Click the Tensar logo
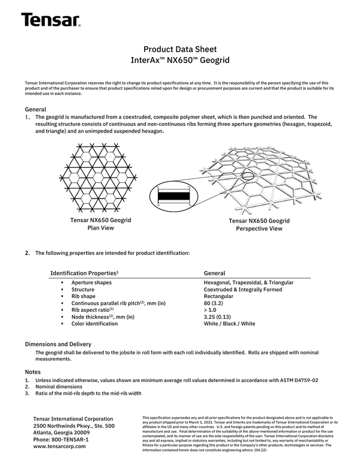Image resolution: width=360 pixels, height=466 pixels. coord(50,20)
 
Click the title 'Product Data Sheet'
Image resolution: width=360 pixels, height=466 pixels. coord(180,49)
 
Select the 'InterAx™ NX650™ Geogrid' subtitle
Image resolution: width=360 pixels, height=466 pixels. coord(180,61)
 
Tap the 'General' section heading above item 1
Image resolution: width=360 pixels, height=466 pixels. coord(35,110)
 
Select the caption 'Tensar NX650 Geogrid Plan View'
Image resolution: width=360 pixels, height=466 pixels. coord(101,224)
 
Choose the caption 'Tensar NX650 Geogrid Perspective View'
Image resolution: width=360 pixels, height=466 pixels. coord(259,225)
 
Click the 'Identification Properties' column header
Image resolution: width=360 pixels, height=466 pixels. coord(84,273)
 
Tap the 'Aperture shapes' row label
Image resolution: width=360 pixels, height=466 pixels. coord(91,282)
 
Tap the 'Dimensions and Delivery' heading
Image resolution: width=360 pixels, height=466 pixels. coord(58,344)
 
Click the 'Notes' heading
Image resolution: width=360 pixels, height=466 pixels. coord(33,372)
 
